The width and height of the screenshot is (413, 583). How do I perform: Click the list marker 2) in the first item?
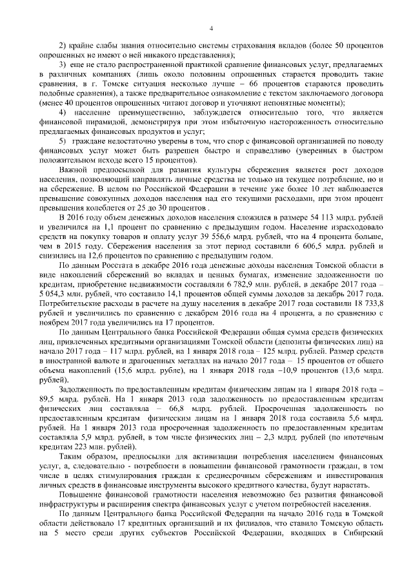coord(63,48)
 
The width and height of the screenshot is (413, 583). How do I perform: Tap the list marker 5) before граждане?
coord(63,140)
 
